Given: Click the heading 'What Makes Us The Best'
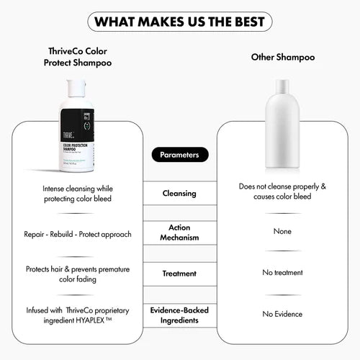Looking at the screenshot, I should pyautogui.click(x=179, y=21).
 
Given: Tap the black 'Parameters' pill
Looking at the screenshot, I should pyautogui.click(x=180, y=155).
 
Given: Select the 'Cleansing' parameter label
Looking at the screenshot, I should pyautogui.click(x=179, y=193).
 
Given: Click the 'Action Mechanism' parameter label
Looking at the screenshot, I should pyautogui.click(x=179, y=232).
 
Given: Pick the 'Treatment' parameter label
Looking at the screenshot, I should pyautogui.click(x=179, y=273).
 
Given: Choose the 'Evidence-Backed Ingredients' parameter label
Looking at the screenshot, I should pyautogui.click(x=179, y=314).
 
